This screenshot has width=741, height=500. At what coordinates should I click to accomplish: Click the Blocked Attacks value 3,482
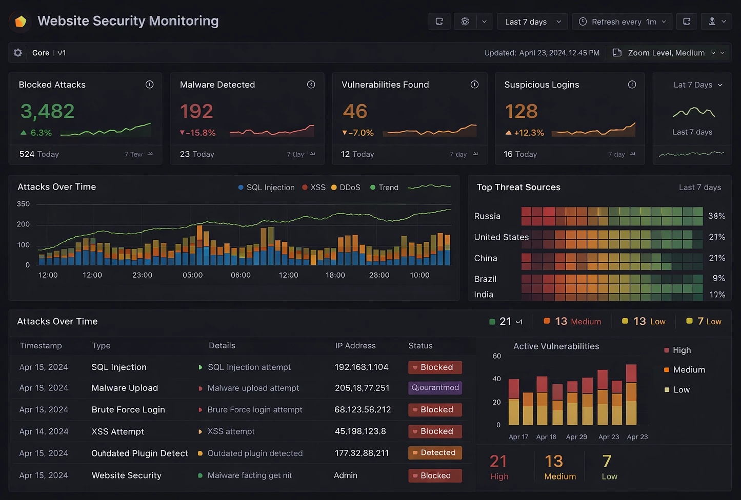(x=47, y=111)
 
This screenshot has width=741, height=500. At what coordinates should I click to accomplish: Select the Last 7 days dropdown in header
(x=532, y=22)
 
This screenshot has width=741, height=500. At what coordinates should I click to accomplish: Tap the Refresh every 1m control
(x=622, y=22)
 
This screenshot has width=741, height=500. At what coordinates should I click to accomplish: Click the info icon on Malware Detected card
(x=311, y=85)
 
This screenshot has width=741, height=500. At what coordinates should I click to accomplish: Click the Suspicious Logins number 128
(x=521, y=111)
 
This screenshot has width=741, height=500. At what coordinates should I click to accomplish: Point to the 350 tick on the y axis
(x=23, y=204)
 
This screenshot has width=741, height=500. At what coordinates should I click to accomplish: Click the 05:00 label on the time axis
(x=192, y=275)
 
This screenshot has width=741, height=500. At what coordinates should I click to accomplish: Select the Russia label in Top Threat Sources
(x=487, y=216)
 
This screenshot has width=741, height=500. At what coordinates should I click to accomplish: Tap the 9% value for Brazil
(x=718, y=278)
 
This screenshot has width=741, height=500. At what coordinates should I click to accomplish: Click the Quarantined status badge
(x=435, y=388)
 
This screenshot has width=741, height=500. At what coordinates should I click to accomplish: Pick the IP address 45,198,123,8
(x=360, y=431)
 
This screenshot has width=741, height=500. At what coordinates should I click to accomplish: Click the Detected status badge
(x=435, y=453)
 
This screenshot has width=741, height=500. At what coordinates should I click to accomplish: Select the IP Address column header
(x=355, y=346)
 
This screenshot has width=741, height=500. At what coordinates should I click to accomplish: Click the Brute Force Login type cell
(x=128, y=410)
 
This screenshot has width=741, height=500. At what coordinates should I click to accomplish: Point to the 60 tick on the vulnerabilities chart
(x=496, y=356)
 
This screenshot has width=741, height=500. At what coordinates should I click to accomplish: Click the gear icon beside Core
(x=18, y=53)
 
